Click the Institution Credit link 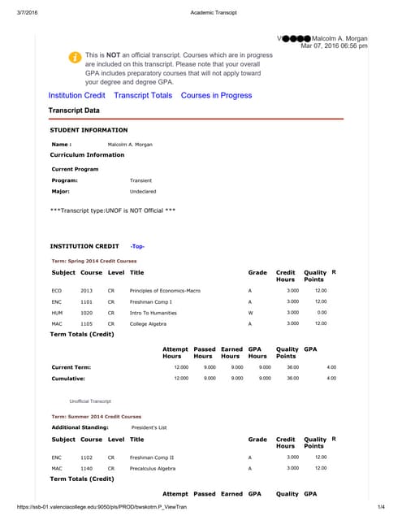point(77,95)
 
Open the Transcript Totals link point(143,95)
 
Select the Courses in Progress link point(216,95)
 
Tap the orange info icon point(74,58)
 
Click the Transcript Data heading point(75,110)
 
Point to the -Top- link point(137,245)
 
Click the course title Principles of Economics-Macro point(165,290)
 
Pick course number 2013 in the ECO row point(86,290)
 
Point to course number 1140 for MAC point(86,468)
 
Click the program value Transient point(140,180)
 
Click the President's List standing point(152,427)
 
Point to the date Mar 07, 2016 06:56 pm point(334,46)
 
